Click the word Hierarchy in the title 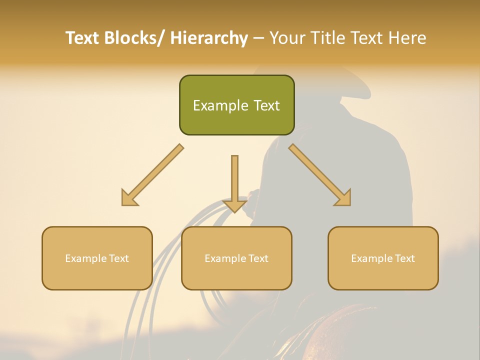209,38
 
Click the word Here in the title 407,38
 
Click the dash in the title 258,38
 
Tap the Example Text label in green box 236,105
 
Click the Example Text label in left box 97,258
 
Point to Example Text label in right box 383,258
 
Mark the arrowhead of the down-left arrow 129,198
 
